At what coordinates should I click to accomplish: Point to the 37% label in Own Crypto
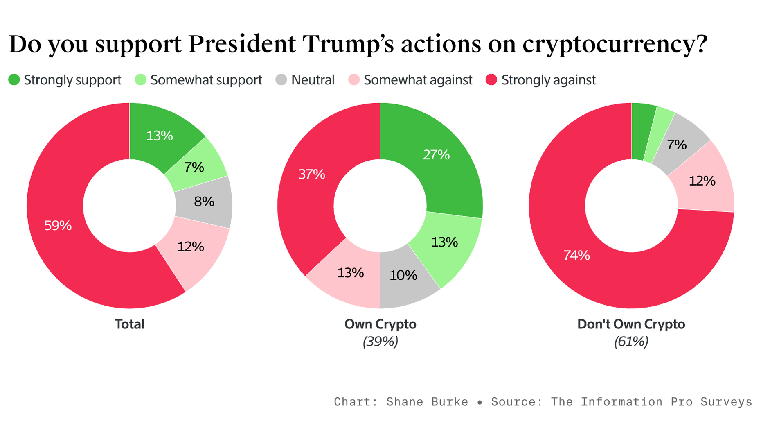tap(312, 174)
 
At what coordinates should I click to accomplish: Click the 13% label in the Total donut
tap(160, 136)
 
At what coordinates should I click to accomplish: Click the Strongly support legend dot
tap(14, 80)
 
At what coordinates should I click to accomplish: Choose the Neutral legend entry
tap(313, 80)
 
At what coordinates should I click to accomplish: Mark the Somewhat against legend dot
tap(354, 80)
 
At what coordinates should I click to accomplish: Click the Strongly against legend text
tap(548, 80)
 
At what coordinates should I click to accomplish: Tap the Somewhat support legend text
tap(206, 80)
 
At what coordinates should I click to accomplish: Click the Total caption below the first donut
tap(129, 324)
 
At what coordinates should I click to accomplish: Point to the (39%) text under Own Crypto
tap(380, 342)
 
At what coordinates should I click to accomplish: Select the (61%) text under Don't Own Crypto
tap(631, 342)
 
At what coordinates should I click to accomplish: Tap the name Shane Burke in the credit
tap(427, 402)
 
